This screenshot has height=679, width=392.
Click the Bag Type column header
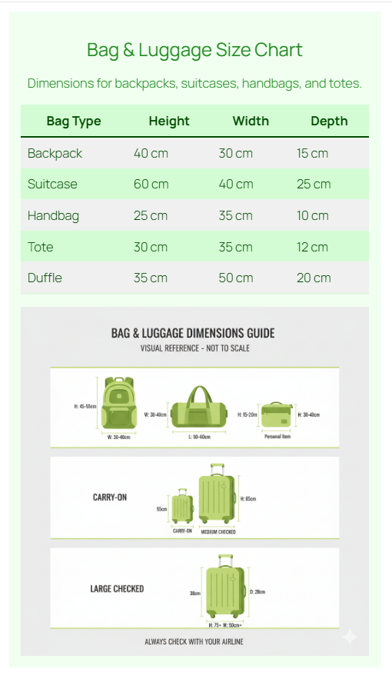74,121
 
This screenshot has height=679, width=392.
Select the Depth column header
329,121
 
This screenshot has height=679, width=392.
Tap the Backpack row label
55,153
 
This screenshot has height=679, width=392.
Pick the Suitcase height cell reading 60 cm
151,185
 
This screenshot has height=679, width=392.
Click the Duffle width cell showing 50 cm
235,278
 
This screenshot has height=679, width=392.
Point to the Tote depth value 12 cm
312,247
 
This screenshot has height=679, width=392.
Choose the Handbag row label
53,215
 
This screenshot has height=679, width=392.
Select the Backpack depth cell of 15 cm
312,153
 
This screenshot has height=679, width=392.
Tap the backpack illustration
118,404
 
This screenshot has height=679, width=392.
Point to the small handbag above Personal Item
277,415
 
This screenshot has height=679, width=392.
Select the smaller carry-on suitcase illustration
182,506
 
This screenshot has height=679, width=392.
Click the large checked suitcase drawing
224,588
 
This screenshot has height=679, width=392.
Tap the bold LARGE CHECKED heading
117,589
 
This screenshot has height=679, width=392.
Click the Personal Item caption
277,437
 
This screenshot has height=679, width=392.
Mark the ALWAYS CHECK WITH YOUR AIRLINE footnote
194,641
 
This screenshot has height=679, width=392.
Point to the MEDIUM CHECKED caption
218,531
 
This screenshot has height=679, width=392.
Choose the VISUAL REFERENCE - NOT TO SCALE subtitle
194,348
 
